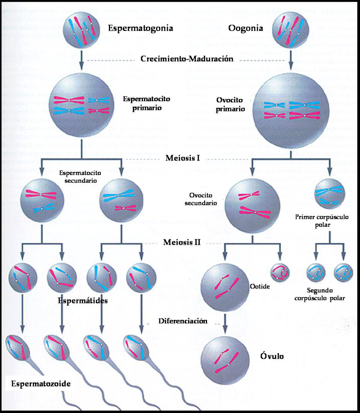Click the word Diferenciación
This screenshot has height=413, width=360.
click(x=183, y=321)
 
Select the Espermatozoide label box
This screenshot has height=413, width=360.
click(x=40, y=384)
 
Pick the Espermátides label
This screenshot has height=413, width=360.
click(x=83, y=301)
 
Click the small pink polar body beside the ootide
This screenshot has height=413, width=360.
click(x=281, y=272)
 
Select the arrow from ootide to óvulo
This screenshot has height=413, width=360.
click(x=226, y=320)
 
